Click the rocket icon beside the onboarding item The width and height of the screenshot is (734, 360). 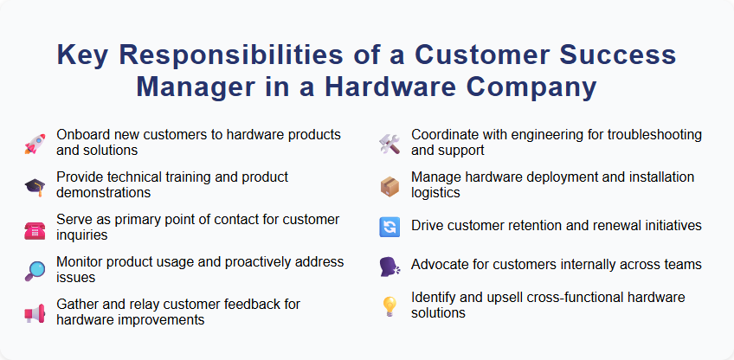34,143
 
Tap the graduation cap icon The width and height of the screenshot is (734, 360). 34,185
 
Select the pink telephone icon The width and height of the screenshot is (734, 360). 34,228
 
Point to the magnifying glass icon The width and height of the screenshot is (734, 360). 34,270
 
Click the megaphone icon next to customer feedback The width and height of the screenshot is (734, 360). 34,312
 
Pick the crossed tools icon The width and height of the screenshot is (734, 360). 389,144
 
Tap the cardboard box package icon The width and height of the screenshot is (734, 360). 389,185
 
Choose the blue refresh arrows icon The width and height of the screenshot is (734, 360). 389,227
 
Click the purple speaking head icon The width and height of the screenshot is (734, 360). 389,266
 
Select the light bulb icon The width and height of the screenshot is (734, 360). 389,305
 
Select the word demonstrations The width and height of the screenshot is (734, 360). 104,191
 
